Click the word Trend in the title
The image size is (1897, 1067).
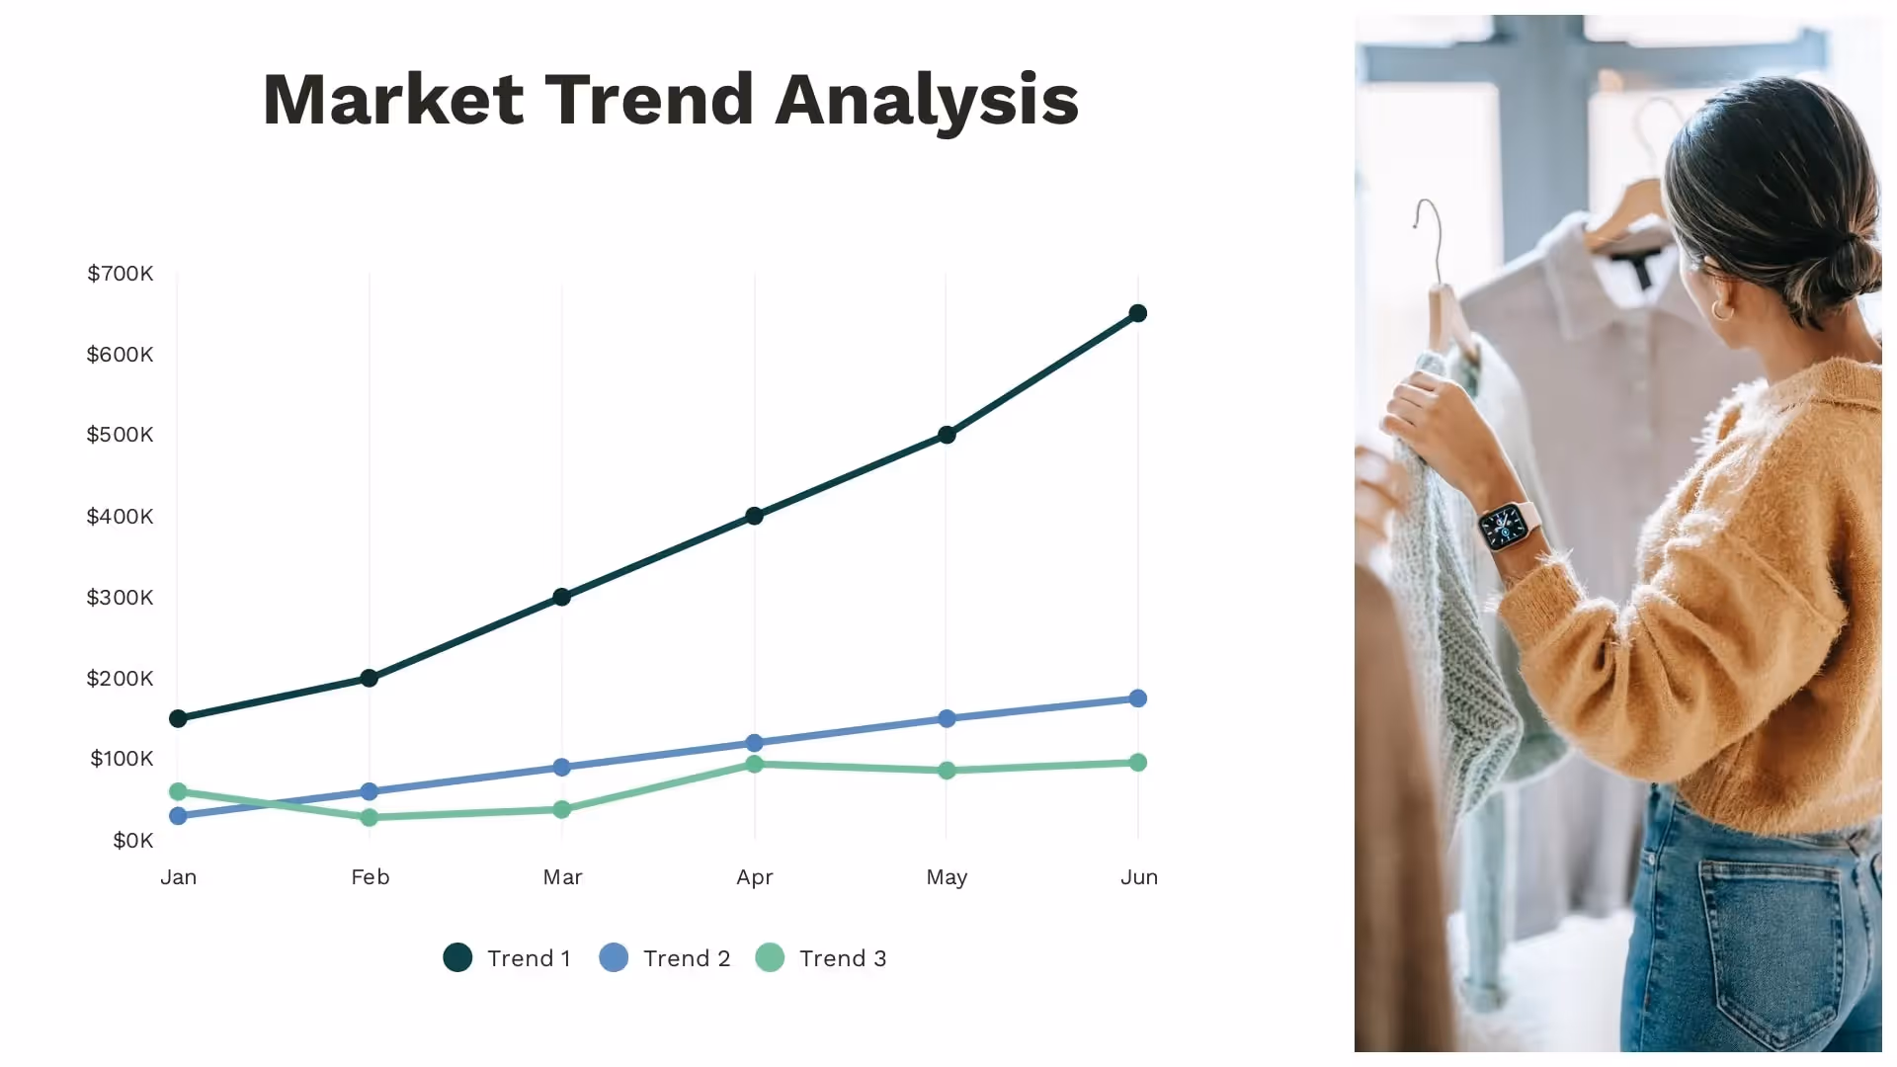click(x=649, y=100)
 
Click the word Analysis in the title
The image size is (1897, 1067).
click(x=927, y=100)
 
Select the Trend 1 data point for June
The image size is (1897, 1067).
click(x=1137, y=313)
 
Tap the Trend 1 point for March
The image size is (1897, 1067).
click(x=561, y=597)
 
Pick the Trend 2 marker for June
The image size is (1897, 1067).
click(x=1137, y=698)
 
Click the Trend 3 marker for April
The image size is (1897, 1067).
click(x=754, y=764)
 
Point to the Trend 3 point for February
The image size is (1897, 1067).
click(x=370, y=817)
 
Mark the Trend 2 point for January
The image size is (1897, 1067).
click(x=178, y=815)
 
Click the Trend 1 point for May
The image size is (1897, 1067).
click(x=947, y=435)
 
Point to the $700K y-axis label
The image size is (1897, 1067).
click(x=121, y=274)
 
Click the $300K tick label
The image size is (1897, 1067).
click(x=121, y=598)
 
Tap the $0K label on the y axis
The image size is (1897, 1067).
click(x=133, y=841)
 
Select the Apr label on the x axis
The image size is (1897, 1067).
click(x=755, y=877)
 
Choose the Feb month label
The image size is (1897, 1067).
click(x=371, y=877)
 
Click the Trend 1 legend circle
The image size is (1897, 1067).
click(x=457, y=957)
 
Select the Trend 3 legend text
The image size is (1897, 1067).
click(x=843, y=958)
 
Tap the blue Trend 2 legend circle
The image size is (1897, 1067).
click(x=614, y=957)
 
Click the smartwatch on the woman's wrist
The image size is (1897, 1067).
click(x=1507, y=525)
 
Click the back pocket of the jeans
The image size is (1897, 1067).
click(x=1769, y=939)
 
